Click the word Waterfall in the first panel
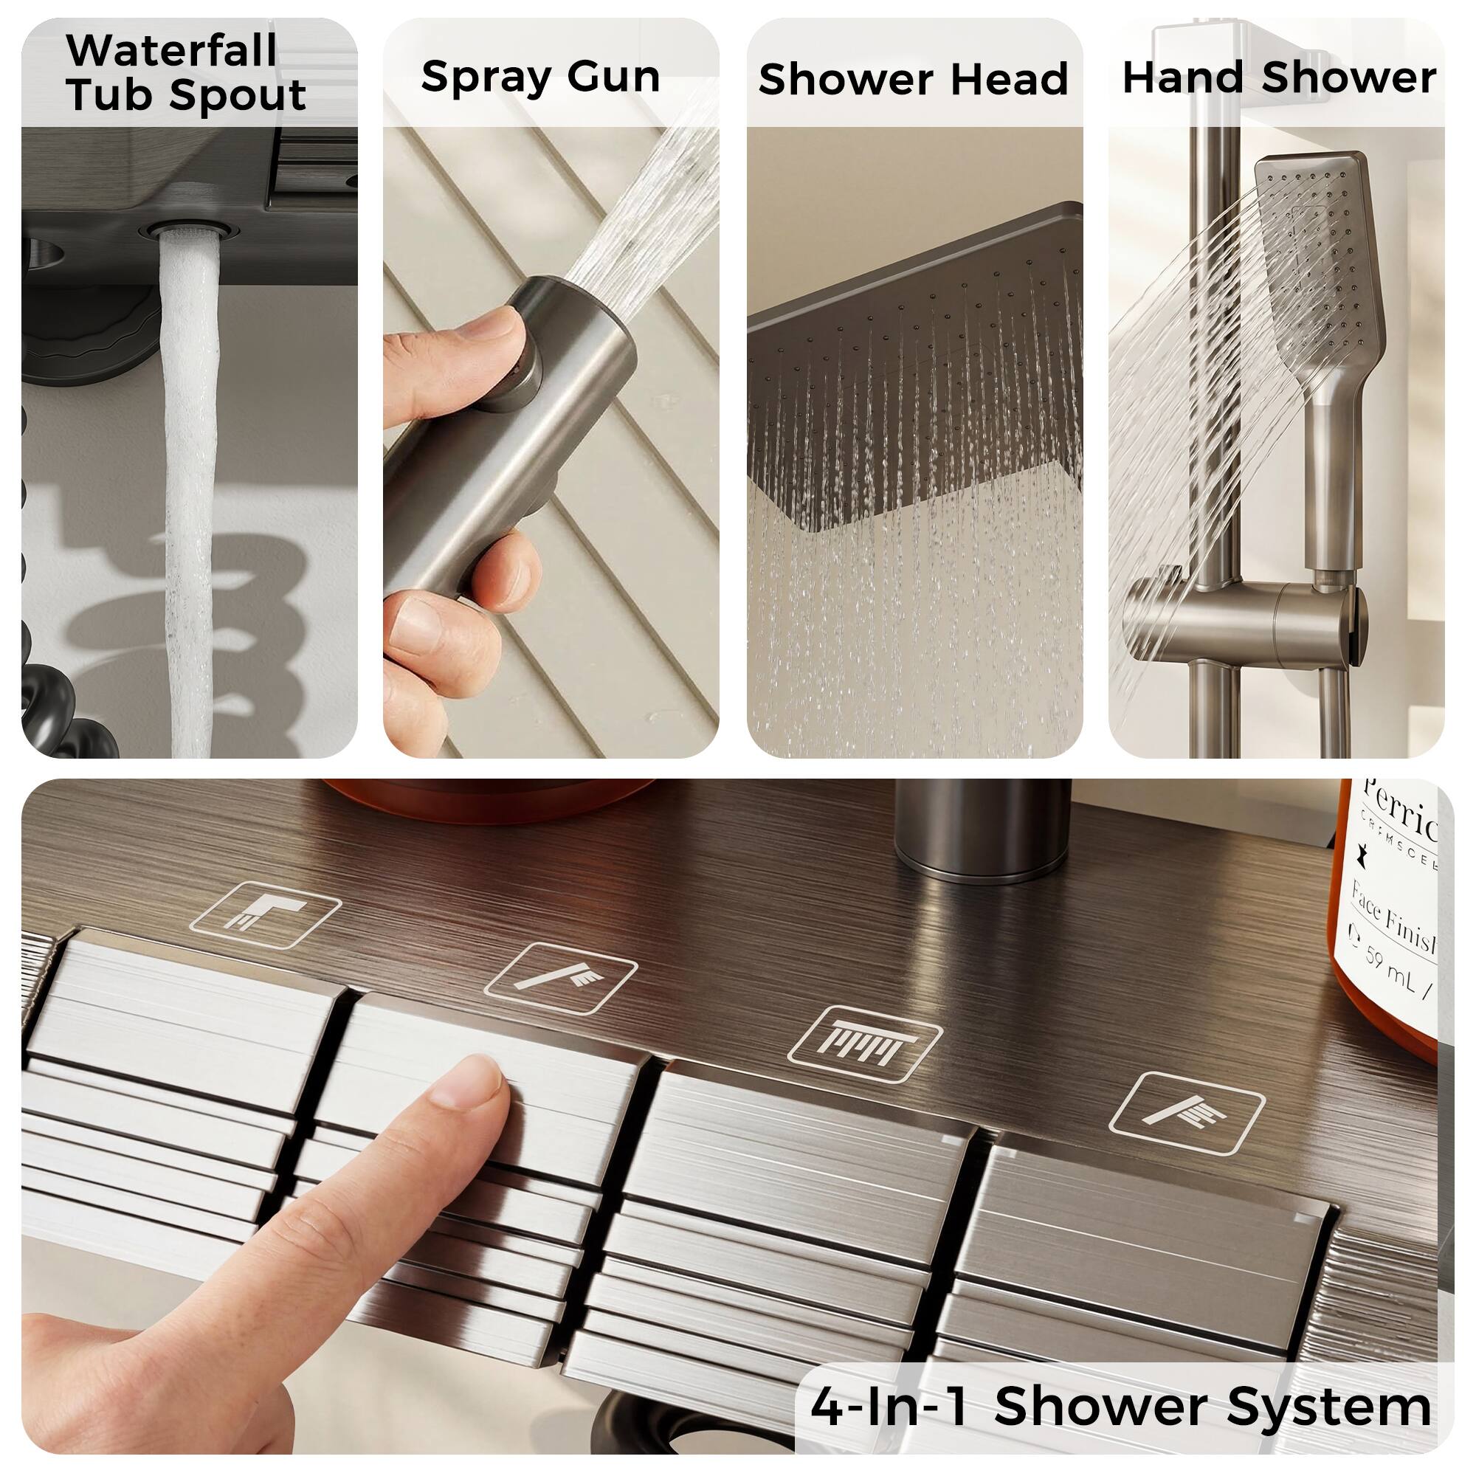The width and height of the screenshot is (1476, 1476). coord(171,51)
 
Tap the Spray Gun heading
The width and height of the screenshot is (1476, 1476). coord(540,77)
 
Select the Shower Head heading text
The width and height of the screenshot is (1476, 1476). coord(913,80)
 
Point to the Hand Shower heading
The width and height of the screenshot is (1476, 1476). coord(1279,78)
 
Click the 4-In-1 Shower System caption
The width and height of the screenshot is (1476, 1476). coord(1121,1407)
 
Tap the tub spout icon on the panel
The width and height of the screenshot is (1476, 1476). coord(264,914)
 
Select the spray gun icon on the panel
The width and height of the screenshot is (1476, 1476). coord(560,979)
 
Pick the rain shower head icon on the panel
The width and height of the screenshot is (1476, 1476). coord(864,1044)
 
